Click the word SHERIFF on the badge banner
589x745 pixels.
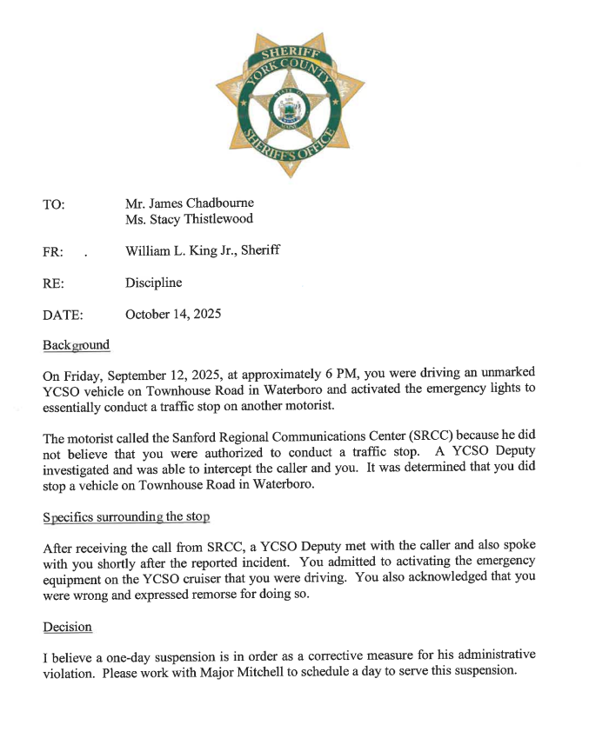(291, 54)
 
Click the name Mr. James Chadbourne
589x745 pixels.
(189, 203)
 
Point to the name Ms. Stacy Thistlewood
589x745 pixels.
(189, 219)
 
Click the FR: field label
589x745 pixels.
(52, 252)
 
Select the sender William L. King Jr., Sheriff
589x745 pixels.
(202, 251)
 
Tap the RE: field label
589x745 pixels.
(52, 283)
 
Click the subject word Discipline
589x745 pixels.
(153, 283)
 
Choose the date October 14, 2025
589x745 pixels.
(172, 314)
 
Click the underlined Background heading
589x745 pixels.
(77, 345)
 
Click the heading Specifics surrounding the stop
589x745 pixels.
(126, 516)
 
